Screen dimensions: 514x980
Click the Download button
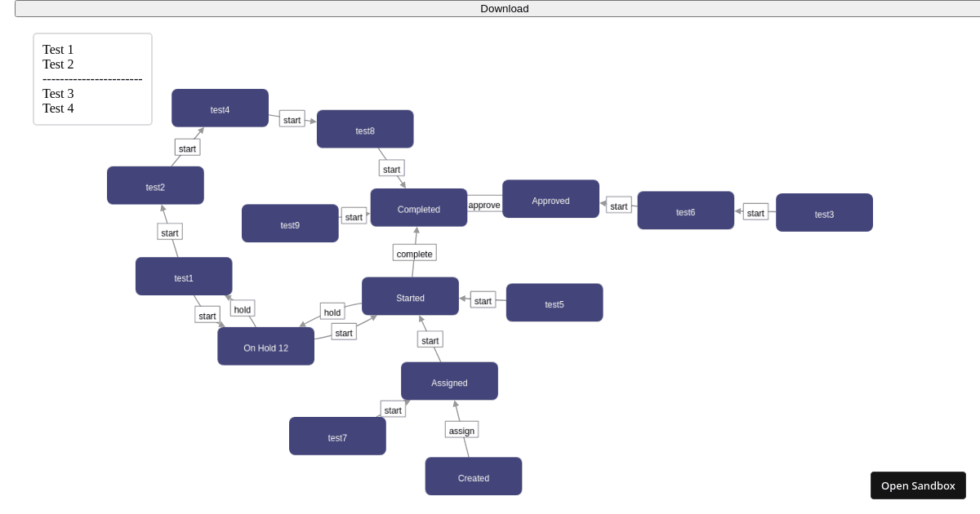pyautogui.click(x=504, y=9)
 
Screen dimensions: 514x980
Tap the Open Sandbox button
pyautogui.click(x=918, y=485)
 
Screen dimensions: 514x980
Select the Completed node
pyautogui.click(x=419, y=209)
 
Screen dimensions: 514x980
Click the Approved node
pyautogui.click(x=550, y=200)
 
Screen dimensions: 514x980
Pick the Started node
pyautogui.click(x=410, y=297)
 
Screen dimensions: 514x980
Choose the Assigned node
pyautogui.click(x=449, y=382)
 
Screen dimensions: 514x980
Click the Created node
pyautogui.click(x=474, y=477)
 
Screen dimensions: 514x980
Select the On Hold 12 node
pyautogui.click(x=265, y=347)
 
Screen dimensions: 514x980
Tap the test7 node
pyautogui.click(x=337, y=436)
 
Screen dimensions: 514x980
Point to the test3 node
pyautogui.click(x=824, y=214)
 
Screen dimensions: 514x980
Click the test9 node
pyautogui.click(x=290, y=224)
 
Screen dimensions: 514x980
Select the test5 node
pyautogui.click(x=555, y=304)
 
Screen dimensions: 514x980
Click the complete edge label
pyautogui.click(x=415, y=254)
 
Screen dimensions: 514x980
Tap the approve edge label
pyautogui.click(x=484, y=205)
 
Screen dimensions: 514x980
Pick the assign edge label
pyautogui.click(x=461, y=430)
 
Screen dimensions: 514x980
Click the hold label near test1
pyautogui.click(x=243, y=309)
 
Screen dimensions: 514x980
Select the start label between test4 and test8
pyautogui.click(x=292, y=119)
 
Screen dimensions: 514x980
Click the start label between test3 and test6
pyautogui.click(x=755, y=213)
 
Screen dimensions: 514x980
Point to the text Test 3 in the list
pyautogui.click(x=58, y=94)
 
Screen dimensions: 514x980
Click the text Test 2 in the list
pyautogui.click(x=58, y=64)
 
